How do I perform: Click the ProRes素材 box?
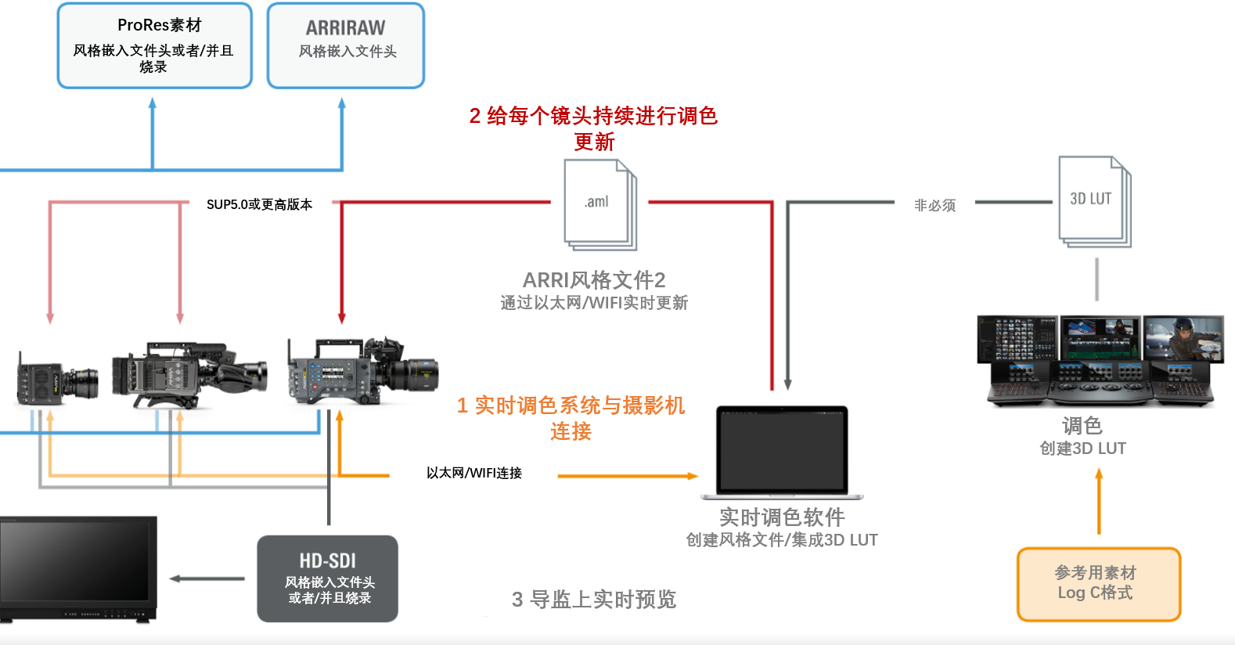154,45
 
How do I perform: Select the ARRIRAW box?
345,45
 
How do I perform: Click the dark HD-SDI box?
327,578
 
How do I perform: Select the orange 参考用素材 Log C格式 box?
1098,584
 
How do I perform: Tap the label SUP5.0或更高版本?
259,204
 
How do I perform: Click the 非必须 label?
934,205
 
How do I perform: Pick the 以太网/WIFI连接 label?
473,473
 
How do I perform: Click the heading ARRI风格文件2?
593,279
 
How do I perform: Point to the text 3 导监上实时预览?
593,600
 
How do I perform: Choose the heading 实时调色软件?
782,517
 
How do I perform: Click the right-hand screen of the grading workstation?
1183,338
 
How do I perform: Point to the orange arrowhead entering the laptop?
692,476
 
